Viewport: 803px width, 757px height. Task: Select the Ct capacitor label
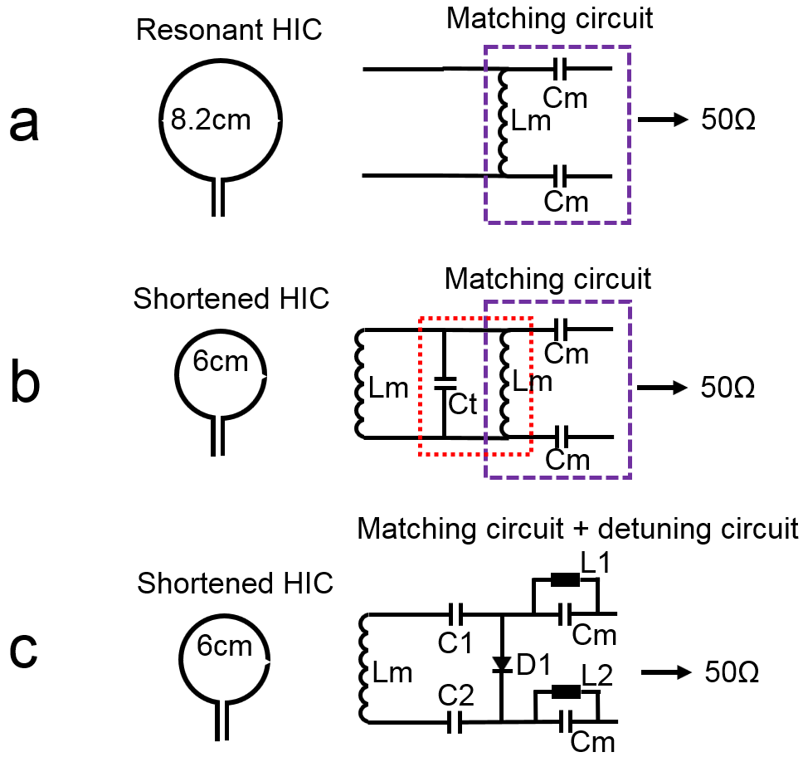tap(462, 406)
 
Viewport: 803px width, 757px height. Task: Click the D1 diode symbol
tap(501, 664)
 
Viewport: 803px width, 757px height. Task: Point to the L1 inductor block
tap(566, 581)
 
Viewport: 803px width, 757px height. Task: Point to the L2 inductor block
tap(566, 691)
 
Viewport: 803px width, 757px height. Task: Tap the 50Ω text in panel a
tap(728, 121)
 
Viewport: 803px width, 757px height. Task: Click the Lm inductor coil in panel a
tap(501, 123)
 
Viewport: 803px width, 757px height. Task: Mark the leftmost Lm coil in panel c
tap(362, 671)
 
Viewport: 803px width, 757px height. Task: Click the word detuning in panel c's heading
tap(603, 529)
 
